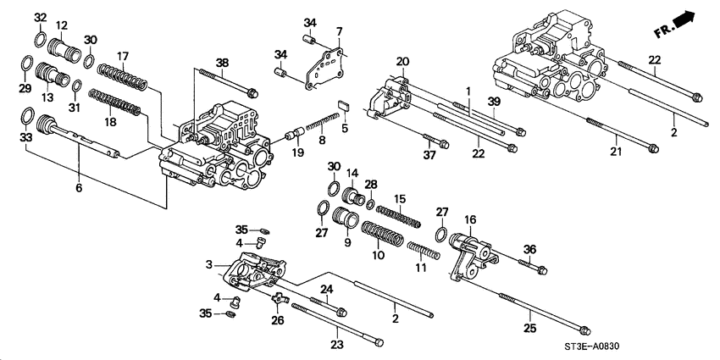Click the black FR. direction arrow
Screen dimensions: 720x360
coord(684,19)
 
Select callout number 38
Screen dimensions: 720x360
coord(222,63)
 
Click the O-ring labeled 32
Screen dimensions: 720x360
coord(41,39)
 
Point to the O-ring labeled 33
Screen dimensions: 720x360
coord(27,116)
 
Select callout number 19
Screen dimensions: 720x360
coord(298,152)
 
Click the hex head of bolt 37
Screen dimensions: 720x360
coord(444,144)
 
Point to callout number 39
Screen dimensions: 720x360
coord(493,102)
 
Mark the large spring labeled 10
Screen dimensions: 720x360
coord(382,233)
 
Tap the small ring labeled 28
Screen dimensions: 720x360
coord(370,203)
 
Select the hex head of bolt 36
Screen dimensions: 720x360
coord(541,270)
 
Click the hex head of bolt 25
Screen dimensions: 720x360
coord(584,330)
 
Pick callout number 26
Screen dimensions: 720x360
coord(279,319)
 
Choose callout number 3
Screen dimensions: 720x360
coord(209,265)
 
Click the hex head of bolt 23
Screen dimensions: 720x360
coord(379,342)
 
